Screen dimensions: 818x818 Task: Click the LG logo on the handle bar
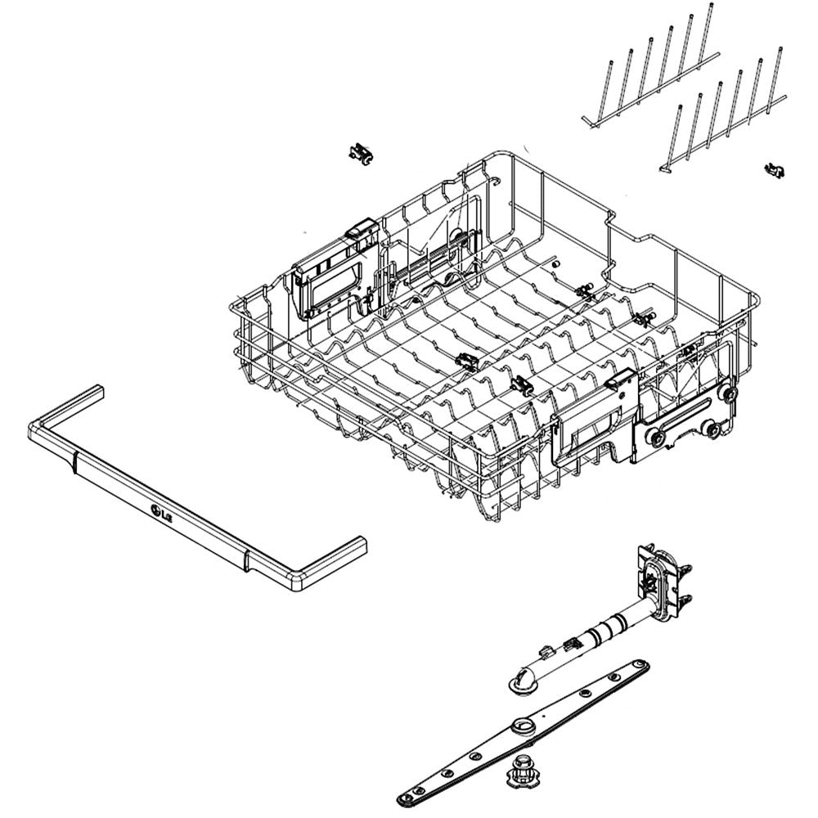[x=161, y=515]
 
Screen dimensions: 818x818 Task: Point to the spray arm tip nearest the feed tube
[x=638, y=667]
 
